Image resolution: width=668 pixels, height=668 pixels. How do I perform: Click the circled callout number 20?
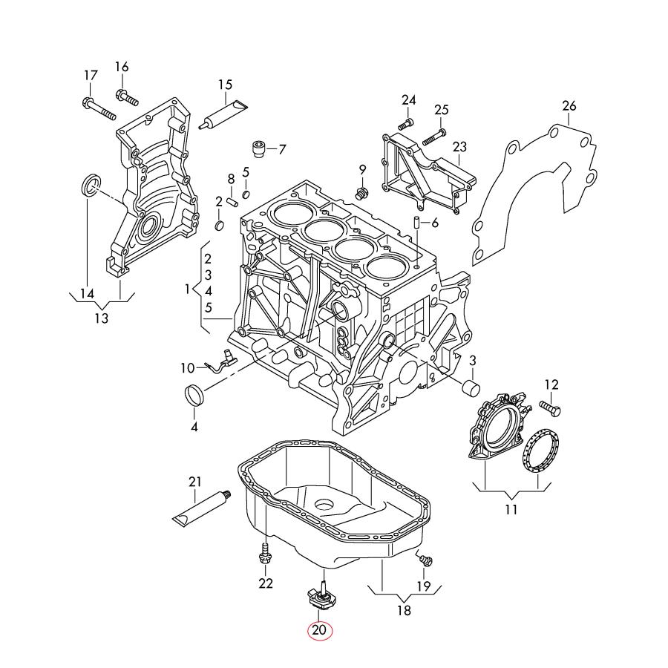click(319, 630)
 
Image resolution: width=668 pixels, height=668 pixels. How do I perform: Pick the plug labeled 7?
click(259, 148)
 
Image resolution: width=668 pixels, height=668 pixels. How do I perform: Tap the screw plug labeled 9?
click(362, 194)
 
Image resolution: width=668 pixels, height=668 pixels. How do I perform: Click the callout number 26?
click(569, 106)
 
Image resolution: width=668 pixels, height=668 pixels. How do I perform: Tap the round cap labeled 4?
click(194, 396)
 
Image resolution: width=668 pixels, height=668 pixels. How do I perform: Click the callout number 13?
click(101, 318)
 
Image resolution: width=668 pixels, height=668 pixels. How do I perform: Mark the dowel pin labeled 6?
click(417, 223)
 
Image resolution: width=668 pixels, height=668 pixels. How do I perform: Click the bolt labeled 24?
click(406, 123)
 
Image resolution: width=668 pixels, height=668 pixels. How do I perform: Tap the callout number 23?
click(459, 147)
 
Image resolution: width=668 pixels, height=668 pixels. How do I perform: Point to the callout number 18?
click(403, 611)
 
